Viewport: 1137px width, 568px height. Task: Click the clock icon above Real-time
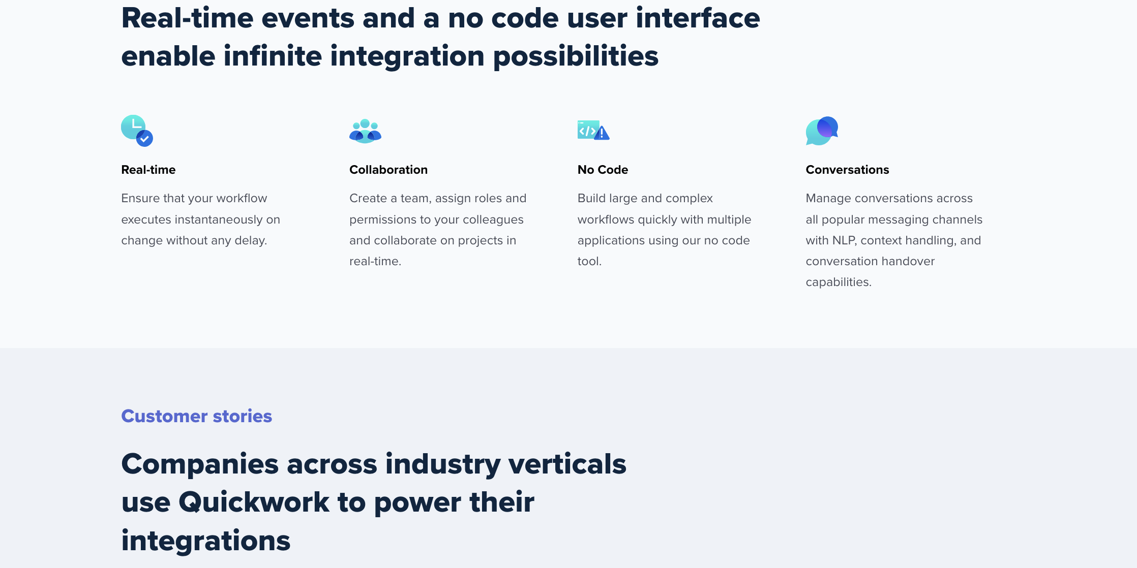click(137, 131)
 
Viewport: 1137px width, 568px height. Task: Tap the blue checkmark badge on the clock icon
click(145, 139)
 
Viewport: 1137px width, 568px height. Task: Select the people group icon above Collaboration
click(365, 131)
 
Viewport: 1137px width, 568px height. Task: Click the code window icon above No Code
click(593, 131)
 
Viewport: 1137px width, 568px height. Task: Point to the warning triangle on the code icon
click(602, 133)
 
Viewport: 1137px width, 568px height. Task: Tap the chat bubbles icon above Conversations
click(822, 131)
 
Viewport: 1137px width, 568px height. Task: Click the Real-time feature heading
click(148, 170)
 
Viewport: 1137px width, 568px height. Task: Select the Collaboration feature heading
click(388, 170)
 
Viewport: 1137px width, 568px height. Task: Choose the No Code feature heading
click(603, 170)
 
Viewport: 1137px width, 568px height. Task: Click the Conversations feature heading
click(847, 170)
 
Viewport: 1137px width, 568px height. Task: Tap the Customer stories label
click(197, 416)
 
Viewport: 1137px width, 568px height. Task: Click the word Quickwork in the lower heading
click(254, 502)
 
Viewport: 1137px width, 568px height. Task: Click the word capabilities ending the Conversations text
click(839, 282)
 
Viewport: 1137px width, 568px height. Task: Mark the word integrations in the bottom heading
click(206, 541)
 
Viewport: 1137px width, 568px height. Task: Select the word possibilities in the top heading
click(576, 56)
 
